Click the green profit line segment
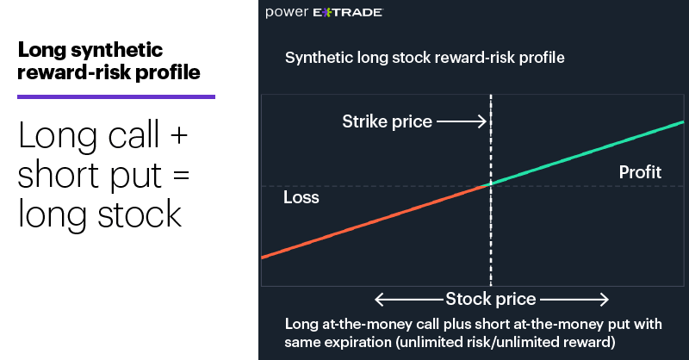[x=587, y=152]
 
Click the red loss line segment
[x=376, y=221]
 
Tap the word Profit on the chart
[x=640, y=172]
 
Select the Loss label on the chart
[x=301, y=197]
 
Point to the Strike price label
[x=387, y=121]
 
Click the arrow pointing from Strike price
[x=462, y=121]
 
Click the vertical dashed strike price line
[x=491, y=190]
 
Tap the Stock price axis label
[x=491, y=299]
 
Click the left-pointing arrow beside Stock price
[x=408, y=300]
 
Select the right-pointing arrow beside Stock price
[x=574, y=300]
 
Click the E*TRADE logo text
[x=348, y=12]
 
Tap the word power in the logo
[x=287, y=12]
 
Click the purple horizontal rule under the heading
[x=116, y=96]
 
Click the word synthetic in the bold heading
[x=117, y=50]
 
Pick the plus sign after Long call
[x=179, y=134]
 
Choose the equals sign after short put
[x=181, y=175]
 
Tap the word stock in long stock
[x=140, y=214]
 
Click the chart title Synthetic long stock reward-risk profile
[x=425, y=58]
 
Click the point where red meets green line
[x=491, y=185]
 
